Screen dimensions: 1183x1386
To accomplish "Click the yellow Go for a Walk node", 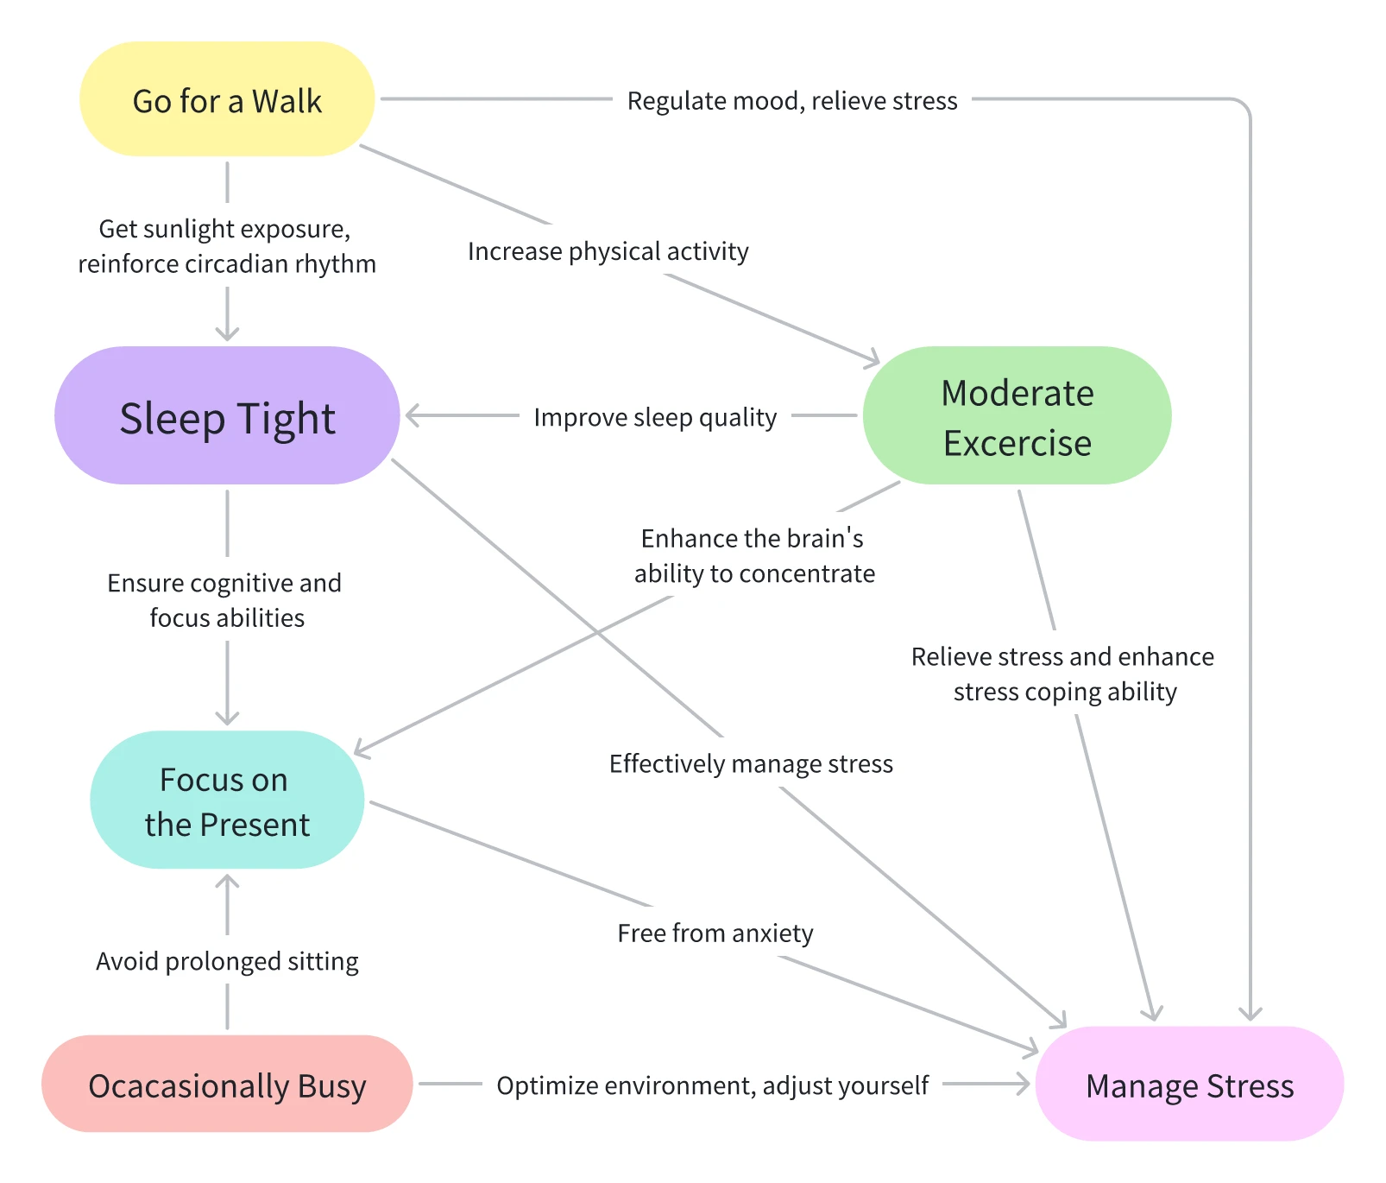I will tap(227, 99).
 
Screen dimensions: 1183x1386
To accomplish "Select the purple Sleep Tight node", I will tap(227, 416).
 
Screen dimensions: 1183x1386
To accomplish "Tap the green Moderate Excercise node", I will tap(1017, 416).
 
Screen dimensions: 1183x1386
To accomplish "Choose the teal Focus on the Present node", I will tap(227, 800).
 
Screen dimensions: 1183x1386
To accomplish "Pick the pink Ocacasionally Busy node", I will tap(227, 1085).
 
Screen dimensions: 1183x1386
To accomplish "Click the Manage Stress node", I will tap(1189, 1085).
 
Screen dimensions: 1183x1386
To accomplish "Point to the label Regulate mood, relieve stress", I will tap(791, 101).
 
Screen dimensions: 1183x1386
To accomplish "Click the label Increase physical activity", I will tap(608, 251).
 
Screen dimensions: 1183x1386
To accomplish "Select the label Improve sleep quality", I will tap(655, 417).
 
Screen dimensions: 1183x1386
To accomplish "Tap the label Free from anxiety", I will tap(715, 933).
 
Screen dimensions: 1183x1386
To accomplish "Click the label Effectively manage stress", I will tap(751, 764).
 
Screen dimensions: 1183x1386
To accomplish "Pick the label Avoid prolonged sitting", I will tap(227, 961).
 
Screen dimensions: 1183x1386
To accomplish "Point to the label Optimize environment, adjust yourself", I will tap(712, 1085).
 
